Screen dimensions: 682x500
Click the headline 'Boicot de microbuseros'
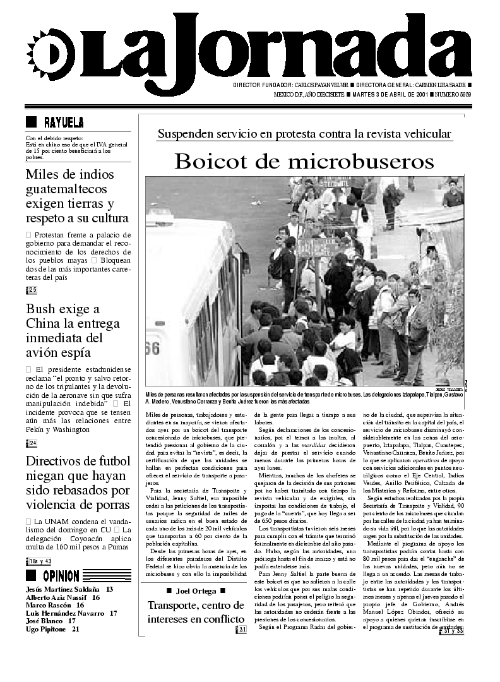click(304, 162)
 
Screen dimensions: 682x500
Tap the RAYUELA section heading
click(63, 122)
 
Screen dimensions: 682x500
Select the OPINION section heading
click(61, 575)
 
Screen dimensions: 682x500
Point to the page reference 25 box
click(32, 290)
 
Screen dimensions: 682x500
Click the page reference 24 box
click(32, 443)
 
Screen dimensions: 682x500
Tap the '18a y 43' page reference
click(39, 561)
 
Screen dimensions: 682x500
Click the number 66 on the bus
click(152, 349)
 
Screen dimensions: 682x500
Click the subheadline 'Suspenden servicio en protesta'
click(304, 134)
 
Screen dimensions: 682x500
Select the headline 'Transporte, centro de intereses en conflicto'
click(195, 612)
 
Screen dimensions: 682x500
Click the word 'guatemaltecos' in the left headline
click(66, 189)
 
